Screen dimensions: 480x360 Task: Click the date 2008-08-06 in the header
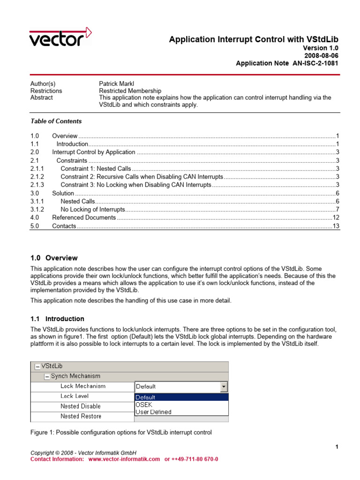tap(322, 55)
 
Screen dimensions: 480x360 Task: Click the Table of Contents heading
tap(56, 121)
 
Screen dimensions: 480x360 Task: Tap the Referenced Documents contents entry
tap(83, 217)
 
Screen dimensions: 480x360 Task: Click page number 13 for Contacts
tap(335, 226)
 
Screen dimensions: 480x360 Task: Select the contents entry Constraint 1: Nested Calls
tap(96, 168)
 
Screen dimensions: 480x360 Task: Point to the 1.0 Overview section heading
tap(54, 258)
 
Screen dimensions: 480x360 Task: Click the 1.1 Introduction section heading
tap(57, 319)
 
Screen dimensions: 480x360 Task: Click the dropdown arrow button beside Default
tap(224, 387)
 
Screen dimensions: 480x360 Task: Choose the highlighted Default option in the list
tap(181, 397)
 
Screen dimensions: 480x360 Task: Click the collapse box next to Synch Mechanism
tap(47, 376)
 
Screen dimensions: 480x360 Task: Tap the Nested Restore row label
tap(81, 416)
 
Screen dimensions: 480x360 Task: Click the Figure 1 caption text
tap(121, 432)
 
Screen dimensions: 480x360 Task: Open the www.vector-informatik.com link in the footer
tap(124, 459)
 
